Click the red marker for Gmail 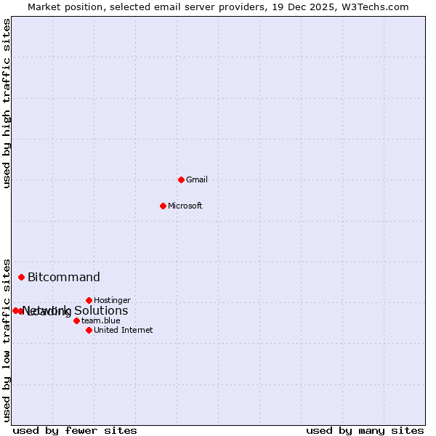coord(181,179)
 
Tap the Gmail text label coord(197,179)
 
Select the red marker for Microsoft coord(163,206)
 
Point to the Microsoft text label coord(185,206)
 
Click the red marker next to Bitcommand coord(22,277)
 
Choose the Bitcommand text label coord(64,277)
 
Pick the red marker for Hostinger coord(89,300)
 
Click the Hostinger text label coord(112,300)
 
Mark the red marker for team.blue coord(76,320)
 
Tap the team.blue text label coord(100,320)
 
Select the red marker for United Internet coord(89,330)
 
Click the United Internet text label coord(123,330)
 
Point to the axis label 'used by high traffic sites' coord(7,103)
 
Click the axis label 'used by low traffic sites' coord(7,339)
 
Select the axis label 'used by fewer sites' coord(75,430)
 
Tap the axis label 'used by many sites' coord(365,430)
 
